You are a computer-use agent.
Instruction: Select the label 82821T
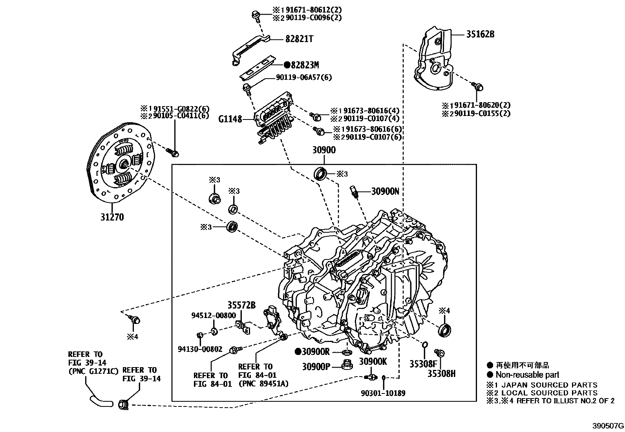coord(299,39)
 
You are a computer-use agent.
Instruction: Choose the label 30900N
coord(385,191)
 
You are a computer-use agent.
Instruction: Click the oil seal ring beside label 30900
coord(321,173)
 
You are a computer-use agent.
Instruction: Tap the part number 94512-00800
coord(214,315)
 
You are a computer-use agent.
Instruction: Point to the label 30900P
coord(316,366)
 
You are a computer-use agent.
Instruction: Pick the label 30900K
coord(373,361)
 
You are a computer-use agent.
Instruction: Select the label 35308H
coord(441,373)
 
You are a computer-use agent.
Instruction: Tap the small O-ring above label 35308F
coord(425,345)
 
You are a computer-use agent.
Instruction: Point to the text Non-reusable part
coord(527,375)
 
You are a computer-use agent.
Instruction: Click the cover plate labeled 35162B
coord(434,63)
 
